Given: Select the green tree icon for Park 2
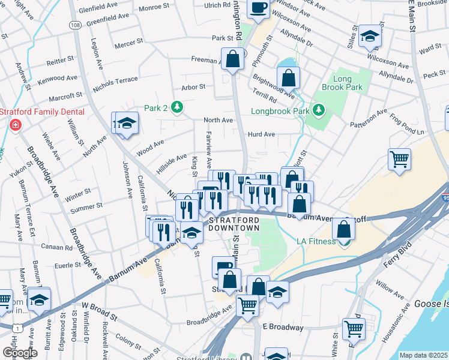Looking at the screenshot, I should [177, 107].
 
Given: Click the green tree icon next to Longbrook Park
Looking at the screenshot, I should [318, 110].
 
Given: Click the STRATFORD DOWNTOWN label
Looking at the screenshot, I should [234, 224].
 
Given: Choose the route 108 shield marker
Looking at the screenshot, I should [75, 25].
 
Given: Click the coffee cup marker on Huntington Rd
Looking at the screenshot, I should [258, 8].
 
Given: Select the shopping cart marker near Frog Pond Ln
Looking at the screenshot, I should [399, 160].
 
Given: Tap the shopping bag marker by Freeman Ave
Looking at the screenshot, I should [232, 59].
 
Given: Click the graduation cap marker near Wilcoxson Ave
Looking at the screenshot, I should [370, 37].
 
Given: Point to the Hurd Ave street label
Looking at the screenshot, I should [261, 134].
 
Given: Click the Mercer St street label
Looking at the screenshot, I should [129, 43].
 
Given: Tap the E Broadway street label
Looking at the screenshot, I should [283, 327].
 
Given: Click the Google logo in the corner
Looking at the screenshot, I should [20, 353].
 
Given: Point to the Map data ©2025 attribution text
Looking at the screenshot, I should [423, 355].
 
